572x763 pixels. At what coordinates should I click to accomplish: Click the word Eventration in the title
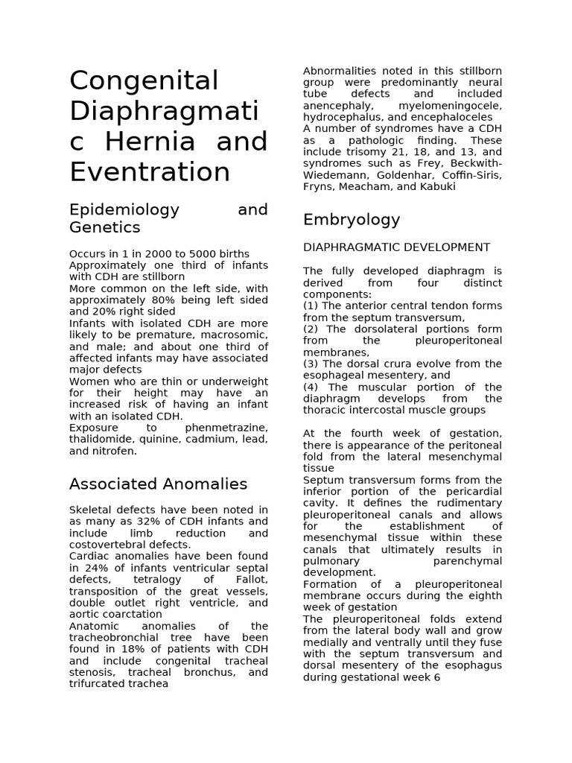(150, 172)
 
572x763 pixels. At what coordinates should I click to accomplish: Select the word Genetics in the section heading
(104, 227)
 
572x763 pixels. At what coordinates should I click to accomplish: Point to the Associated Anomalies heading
(158, 484)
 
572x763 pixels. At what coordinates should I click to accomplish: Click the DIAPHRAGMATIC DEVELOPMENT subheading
(396, 247)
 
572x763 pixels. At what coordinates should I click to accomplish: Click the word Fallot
(250, 580)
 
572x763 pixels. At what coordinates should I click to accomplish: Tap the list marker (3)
(311, 364)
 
